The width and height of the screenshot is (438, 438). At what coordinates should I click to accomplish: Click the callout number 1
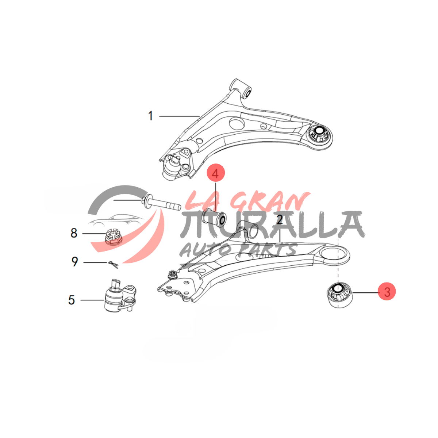coord(150,116)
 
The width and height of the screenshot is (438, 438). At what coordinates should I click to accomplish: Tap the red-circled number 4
coord(215,174)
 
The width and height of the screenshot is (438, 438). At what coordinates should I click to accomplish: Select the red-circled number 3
coord(387,292)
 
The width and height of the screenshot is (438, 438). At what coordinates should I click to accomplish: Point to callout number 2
coord(280,220)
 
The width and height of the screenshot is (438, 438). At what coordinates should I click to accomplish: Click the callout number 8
coord(74,233)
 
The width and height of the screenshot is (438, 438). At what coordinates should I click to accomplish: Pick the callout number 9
coord(74,262)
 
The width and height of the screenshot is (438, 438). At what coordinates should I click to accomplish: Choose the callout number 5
coord(72,300)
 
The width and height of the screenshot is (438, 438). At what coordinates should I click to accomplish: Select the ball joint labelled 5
coord(119,296)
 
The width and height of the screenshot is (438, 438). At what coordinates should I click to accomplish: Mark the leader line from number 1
coord(179,116)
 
